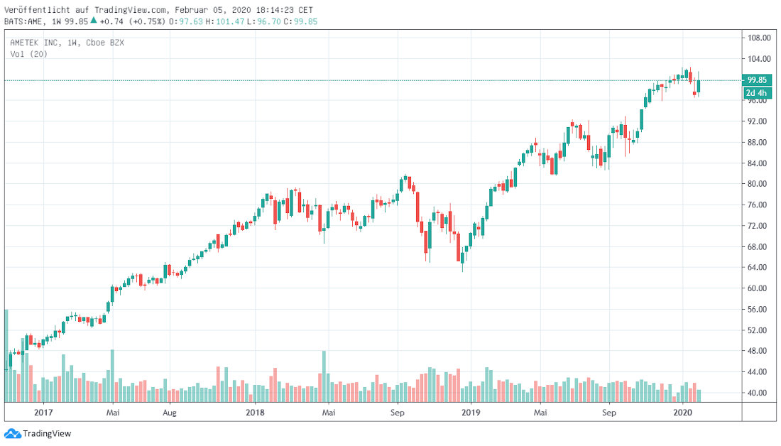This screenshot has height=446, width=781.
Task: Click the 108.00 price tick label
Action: click(757, 38)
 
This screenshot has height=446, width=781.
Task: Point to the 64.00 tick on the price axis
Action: click(757, 268)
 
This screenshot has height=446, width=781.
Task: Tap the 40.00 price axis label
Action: click(757, 393)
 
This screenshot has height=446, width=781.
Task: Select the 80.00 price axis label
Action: click(757, 184)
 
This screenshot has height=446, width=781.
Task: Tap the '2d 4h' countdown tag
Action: click(755, 93)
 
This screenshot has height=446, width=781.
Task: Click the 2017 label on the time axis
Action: click(43, 411)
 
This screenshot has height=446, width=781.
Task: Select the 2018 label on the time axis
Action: click(255, 411)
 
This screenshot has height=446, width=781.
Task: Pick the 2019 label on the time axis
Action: click(471, 411)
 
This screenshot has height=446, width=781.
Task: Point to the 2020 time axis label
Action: click(682, 411)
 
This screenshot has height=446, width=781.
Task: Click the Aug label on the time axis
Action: click(169, 411)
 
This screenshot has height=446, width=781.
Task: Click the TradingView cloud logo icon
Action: click(12, 433)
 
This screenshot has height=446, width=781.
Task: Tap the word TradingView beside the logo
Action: click(47, 433)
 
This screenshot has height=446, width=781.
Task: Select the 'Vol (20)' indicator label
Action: click(29, 54)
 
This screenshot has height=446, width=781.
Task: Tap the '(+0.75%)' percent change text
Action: click(148, 21)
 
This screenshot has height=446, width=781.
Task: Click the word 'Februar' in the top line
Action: click(192, 10)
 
